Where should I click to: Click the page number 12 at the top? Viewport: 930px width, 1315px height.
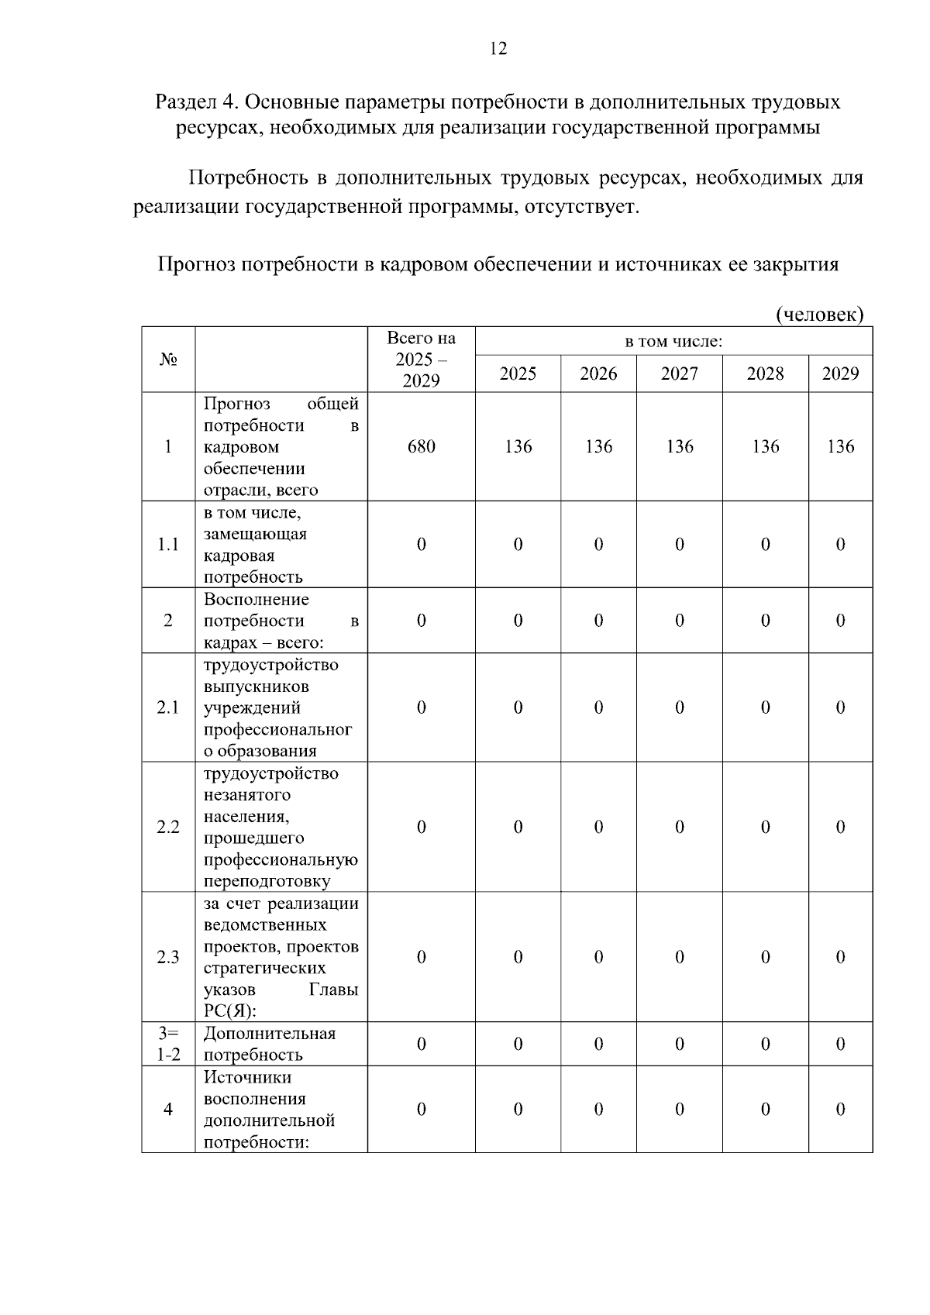click(498, 49)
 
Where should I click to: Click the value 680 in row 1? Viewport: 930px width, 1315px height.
click(421, 446)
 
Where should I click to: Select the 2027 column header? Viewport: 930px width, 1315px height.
click(679, 374)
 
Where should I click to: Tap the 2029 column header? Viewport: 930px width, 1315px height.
click(840, 374)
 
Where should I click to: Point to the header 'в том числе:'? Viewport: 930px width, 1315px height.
click(673, 342)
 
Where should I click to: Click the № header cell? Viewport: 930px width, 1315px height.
click(168, 360)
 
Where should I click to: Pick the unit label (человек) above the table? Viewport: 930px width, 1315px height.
click(819, 314)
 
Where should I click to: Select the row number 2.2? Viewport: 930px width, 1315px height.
click(168, 827)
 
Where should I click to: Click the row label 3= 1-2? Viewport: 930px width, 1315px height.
click(168, 1044)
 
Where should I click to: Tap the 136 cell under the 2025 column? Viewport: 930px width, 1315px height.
click(518, 446)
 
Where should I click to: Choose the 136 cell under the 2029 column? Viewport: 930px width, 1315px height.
click(840, 446)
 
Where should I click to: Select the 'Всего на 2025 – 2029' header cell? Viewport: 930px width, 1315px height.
click(421, 360)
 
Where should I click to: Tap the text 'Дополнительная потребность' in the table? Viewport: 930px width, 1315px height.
click(269, 1044)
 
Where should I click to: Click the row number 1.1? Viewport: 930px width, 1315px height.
click(168, 544)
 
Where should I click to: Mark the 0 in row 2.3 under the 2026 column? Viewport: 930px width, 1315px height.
click(598, 957)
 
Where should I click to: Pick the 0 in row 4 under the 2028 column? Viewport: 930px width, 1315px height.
click(765, 1109)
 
